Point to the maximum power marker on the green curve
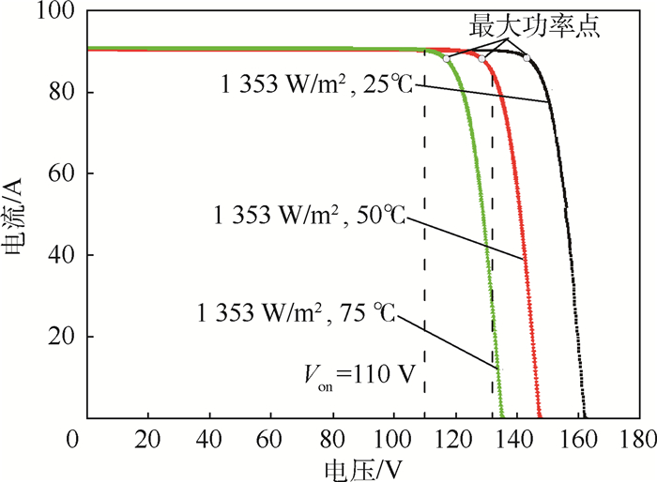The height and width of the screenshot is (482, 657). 447,58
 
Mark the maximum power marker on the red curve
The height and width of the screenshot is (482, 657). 482,58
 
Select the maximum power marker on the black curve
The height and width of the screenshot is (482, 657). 527,58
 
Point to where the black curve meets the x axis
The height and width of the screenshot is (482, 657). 584,416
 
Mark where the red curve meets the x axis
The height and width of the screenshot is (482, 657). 540,416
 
